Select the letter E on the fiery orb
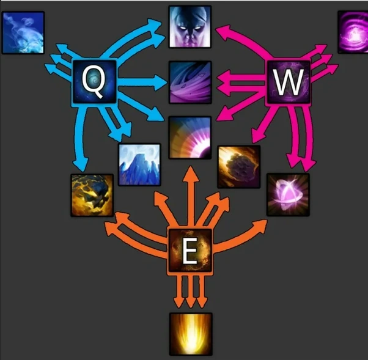190,251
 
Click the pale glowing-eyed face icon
190,27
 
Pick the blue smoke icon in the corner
23,32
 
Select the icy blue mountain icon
140,164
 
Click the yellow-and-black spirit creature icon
92,195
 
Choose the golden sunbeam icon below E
190,334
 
